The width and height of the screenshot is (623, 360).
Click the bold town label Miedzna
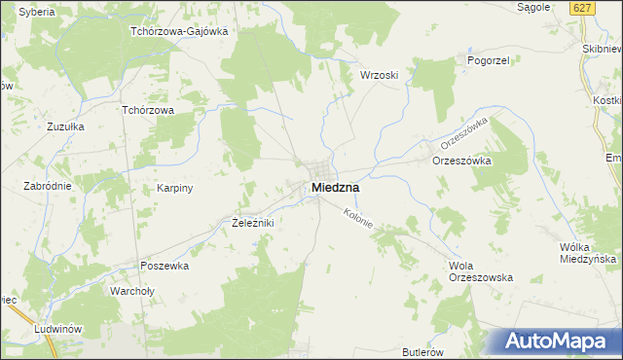[x=335, y=187]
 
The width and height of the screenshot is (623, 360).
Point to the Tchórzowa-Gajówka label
[x=179, y=30]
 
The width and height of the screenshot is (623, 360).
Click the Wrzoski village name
[x=380, y=75]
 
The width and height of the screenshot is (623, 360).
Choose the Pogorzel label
[x=462, y=59]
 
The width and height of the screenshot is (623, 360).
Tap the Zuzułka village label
[x=66, y=126]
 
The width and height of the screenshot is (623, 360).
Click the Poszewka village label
[x=164, y=265]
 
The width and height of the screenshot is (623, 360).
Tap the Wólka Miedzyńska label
[x=590, y=253]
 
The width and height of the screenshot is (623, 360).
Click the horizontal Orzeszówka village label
[x=462, y=161]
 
